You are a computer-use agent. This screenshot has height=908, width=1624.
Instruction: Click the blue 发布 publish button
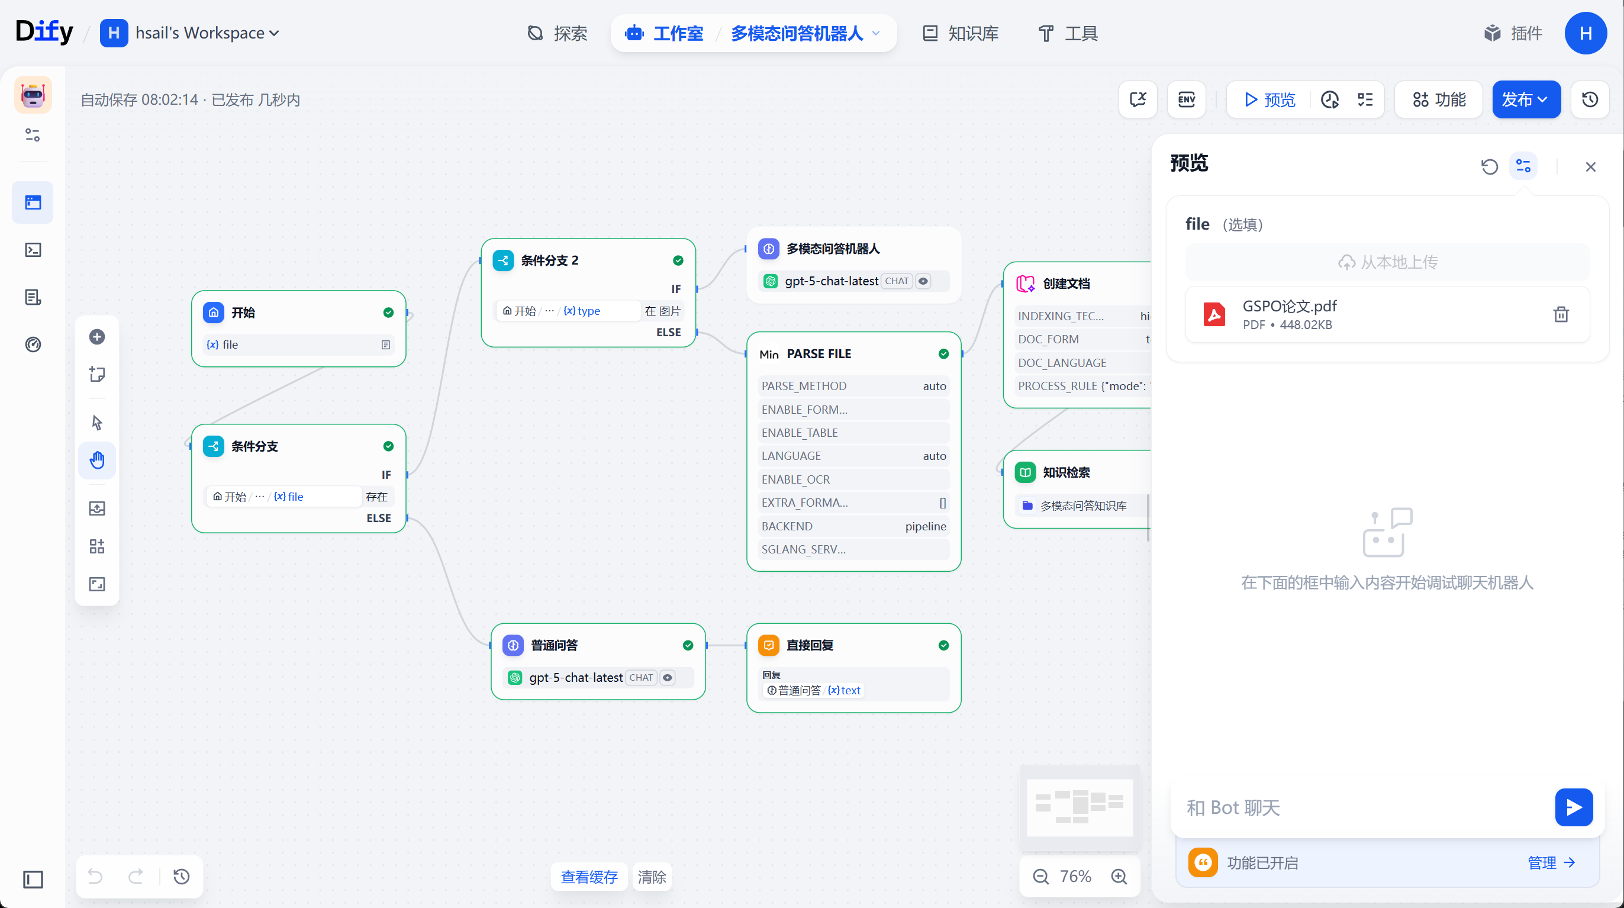1526,99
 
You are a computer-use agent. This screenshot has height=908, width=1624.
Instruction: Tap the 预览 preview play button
1269,99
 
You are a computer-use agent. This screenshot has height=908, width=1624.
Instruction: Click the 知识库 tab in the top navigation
961,33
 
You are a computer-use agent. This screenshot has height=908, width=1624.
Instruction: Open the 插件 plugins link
1513,33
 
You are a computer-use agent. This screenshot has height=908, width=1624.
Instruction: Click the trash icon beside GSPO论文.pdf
1561,314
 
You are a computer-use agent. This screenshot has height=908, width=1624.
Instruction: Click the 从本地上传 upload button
1388,262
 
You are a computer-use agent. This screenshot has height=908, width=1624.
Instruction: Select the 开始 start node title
243,313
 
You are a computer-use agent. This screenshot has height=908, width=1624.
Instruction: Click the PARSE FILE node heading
819,354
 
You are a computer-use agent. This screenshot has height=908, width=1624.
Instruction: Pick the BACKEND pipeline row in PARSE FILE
853,526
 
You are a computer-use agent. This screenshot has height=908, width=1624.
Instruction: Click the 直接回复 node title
810,645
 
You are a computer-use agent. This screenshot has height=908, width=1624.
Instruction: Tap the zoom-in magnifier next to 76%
1119,876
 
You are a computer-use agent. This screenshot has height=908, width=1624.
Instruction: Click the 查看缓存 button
589,877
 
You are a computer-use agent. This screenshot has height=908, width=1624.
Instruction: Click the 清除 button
652,877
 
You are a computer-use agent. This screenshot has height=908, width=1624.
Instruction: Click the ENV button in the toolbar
1186,99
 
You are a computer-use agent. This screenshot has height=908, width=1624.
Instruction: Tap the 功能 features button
1439,99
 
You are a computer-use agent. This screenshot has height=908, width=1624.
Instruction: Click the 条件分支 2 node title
549,260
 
